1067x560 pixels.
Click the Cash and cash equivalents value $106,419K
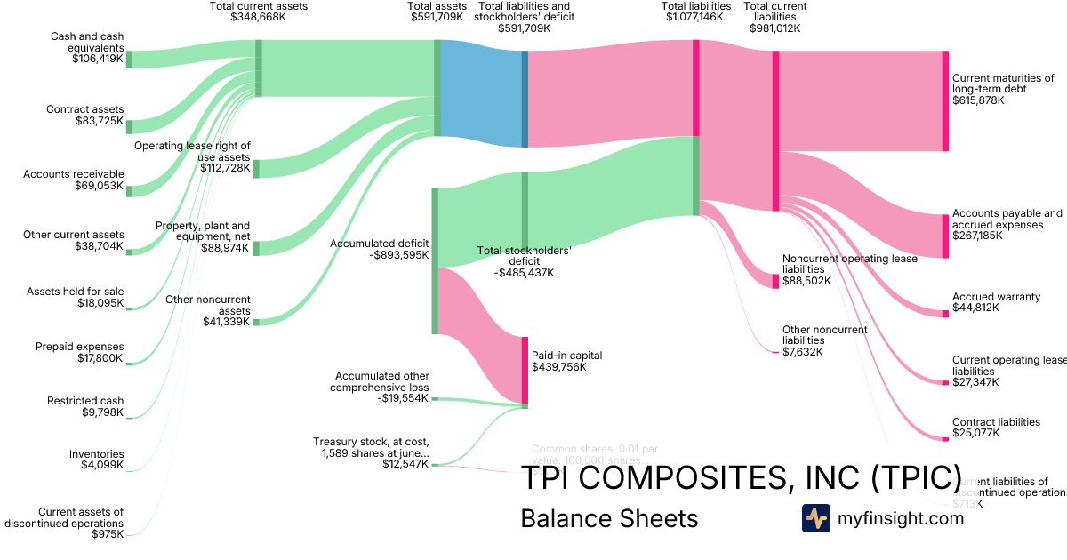(x=98, y=59)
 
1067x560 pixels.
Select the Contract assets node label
(x=85, y=109)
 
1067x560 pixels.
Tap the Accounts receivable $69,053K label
(x=74, y=180)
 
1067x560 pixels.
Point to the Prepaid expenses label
(x=80, y=347)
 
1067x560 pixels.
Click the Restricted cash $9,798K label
(x=85, y=406)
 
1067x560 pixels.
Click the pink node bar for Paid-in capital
(x=525, y=370)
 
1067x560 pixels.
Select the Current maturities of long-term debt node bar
(x=945, y=100)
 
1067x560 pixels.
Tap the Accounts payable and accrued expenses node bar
(x=945, y=236)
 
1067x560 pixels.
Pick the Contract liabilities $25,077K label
(x=996, y=428)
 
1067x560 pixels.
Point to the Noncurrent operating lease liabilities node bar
(x=775, y=281)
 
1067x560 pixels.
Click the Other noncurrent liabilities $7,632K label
(x=824, y=340)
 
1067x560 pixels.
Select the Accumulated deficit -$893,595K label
(x=380, y=249)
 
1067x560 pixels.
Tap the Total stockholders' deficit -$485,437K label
(x=524, y=261)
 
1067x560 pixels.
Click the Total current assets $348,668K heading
(x=258, y=11)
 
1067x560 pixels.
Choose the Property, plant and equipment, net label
(x=203, y=231)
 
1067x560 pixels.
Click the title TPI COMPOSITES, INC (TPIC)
(x=741, y=477)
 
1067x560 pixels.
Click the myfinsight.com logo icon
(x=815, y=518)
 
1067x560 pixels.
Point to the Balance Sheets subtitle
(x=609, y=518)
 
